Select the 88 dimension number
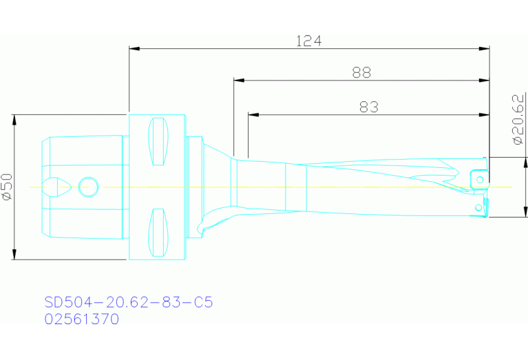tap(361, 72)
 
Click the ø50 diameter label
tap(8, 187)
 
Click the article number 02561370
tap(81, 319)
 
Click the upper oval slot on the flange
tap(158, 142)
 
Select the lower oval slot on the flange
tap(158, 231)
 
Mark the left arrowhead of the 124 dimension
tap(135, 49)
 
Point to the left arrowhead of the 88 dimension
tap(239, 81)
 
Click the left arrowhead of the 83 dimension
tap(253, 114)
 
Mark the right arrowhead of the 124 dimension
tap(484, 49)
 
